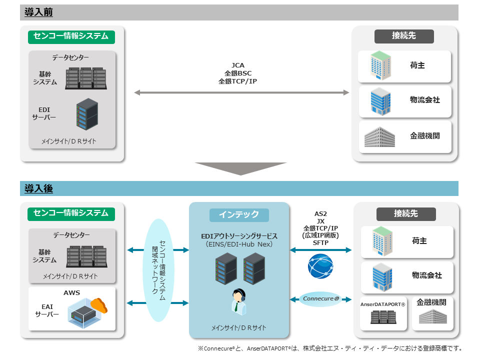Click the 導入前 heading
(38, 12)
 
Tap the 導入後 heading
(38, 188)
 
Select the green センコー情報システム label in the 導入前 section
(71, 36)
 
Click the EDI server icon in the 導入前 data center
(87, 114)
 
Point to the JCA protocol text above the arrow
(238, 65)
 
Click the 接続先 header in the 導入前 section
(404, 36)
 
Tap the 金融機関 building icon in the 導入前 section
(379, 137)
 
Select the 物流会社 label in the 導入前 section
(425, 100)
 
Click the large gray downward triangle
(240, 168)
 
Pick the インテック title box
(239, 215)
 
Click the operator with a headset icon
(239, 302)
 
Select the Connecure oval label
(320, 299)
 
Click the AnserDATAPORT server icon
(383, 317)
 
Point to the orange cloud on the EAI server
(99, 305)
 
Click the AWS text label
(72, 293)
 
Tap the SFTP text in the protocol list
(320, 243)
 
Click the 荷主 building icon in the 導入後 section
(382, 241)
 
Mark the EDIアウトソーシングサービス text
(239, 236)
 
